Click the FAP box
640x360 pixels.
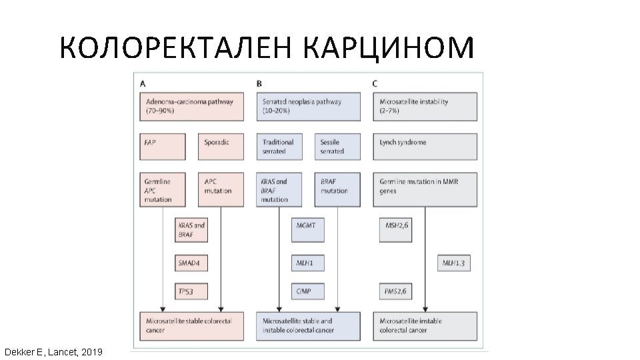pyautogui.click(x=163, y=146)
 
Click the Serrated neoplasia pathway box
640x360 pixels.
pyautogui.click(x=308, y=107)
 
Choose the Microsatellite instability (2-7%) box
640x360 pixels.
pyautogui.click(x=425, y=107)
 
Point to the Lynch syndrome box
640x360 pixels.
pyautogui.click(x=425, y=146)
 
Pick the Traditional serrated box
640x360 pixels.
pyautogui.click(x=279, y=146)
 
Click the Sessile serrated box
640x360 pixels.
pyautogui.click(x=337, y=146)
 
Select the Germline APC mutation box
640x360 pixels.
pyautogui.click(x=163, y=190)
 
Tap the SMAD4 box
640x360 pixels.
pyautogui.click(x=191, y=263)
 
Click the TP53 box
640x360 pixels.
pyautogui.click(x=191, y=291)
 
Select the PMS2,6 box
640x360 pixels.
pyautogui.click(x=395, y=291)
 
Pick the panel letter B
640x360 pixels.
pyautogui.click(x=259, y=84)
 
